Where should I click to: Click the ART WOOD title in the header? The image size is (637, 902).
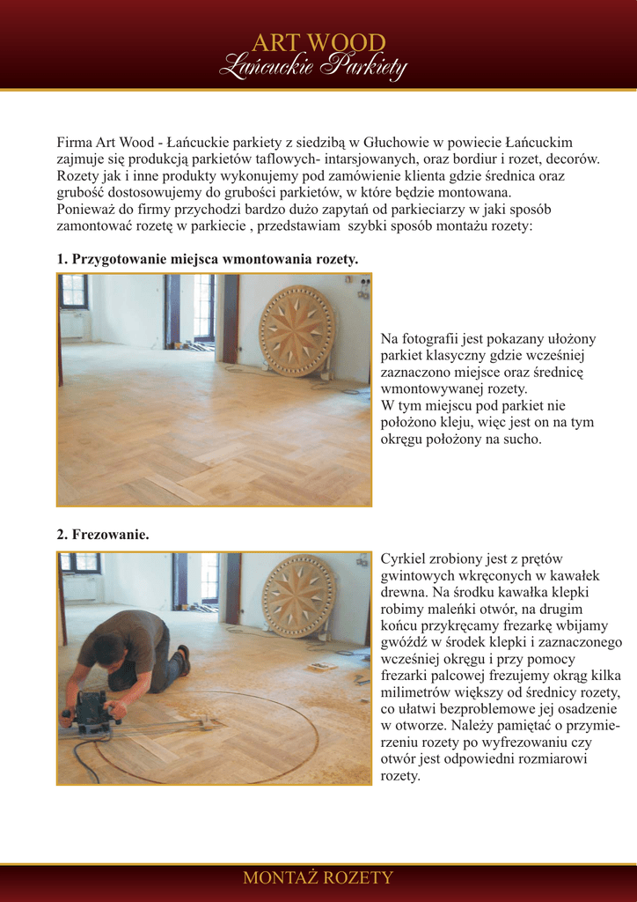coord(318,42)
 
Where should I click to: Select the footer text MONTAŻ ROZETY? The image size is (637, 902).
coord(318,878)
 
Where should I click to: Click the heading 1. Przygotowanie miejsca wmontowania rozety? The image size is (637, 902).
coord(208,259)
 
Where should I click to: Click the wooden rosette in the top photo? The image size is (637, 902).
coord(297,330)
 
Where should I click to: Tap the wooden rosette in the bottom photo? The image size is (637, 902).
coord(298,595)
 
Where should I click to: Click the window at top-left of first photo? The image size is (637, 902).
coord(74,292)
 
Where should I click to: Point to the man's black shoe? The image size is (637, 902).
coord(183,659)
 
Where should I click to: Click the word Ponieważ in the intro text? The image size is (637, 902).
coord(85,209)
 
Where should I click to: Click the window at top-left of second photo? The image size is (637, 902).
coord(79,564)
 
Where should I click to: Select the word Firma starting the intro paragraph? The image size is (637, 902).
coord(75,142)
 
